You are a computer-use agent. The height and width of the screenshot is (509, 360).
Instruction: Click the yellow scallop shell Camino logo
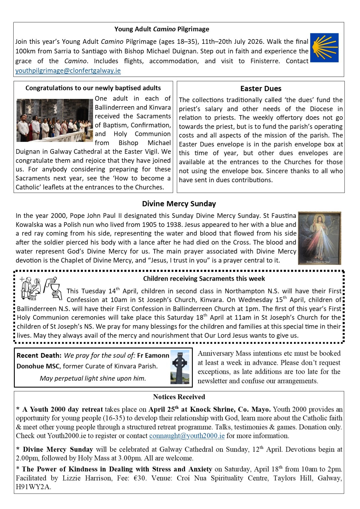(324, 48)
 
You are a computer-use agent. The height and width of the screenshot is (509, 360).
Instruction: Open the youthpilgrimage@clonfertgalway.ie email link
(68, 71)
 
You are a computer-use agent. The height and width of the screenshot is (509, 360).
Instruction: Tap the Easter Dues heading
(261, 89)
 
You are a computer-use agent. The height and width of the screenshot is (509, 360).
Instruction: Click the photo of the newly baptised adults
(54, 120)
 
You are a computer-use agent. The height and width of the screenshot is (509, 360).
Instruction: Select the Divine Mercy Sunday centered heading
(179, 204)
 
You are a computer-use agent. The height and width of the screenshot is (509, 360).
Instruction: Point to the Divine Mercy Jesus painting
(319, 238)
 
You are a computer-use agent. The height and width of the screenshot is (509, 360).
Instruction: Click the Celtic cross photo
(180, 367)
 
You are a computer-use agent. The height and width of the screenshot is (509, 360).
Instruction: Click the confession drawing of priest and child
(30, 289)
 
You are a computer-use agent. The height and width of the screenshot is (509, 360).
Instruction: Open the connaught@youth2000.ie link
(187, 436)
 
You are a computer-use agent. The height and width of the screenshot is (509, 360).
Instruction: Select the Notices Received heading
(179, 397)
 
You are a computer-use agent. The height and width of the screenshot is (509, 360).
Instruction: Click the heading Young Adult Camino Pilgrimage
(161, 29)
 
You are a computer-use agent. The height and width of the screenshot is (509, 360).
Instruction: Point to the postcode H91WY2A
(33, 487)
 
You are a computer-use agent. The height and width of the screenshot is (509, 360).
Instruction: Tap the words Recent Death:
(39, 356)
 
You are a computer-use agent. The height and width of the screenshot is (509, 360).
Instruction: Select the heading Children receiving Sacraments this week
(204, 279)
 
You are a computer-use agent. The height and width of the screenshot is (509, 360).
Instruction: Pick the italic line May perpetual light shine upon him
(93, 378)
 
